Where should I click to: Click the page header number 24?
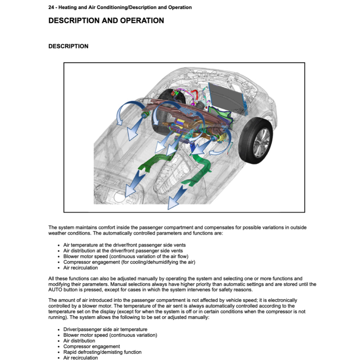point(51,7)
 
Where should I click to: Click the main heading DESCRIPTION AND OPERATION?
point(106,21)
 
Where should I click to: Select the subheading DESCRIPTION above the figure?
point(68,46)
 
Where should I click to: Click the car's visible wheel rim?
point(261,142)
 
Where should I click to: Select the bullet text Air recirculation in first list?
point(81,268)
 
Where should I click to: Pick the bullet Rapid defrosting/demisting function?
point(102,352)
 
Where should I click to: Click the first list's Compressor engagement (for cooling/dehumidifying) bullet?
point(129,262)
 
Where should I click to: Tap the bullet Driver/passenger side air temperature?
point(105,329)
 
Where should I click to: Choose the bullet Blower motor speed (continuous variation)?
point(110,335)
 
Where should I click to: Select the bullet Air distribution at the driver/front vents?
point(123,251)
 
